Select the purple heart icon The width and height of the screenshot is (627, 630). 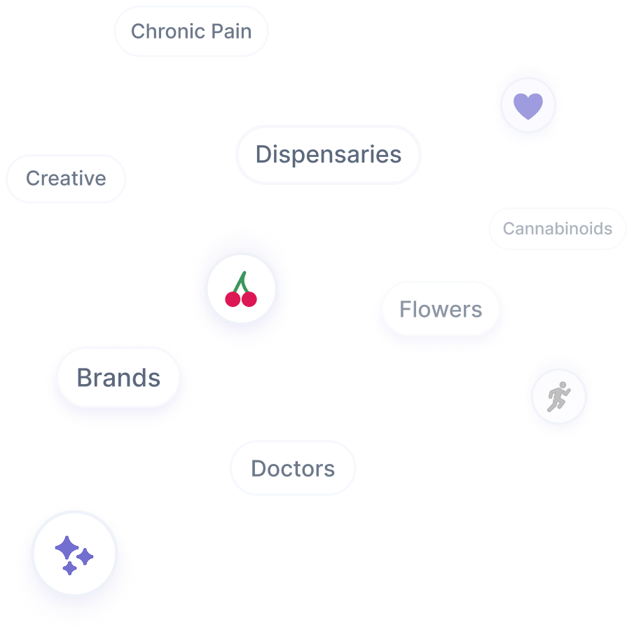(x=528, y=106)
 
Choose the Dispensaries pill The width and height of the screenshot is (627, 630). (x=328, y=155)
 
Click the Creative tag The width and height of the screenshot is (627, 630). (x=66, y=179)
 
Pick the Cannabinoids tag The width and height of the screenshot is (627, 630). (x=557, y=228)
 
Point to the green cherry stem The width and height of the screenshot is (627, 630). (x=242, y=282)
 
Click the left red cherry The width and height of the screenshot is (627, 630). (x=233, y=299)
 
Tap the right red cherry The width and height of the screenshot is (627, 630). (x=249, y=299)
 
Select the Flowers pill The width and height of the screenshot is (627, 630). (x=441, y=309)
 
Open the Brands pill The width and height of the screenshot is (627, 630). (x=118, y=378)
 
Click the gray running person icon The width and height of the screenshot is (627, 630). (x=558, y=398)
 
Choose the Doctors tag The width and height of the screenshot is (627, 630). (x=293, y=469)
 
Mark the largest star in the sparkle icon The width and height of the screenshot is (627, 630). (x=66, y=547)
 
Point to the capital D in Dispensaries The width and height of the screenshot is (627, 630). (x=263, y=155)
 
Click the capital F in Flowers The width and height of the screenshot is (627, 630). (x=405, y=309)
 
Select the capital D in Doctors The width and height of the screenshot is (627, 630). (x=258, y=469)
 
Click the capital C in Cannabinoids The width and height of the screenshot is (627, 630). (x=508, y=228)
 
